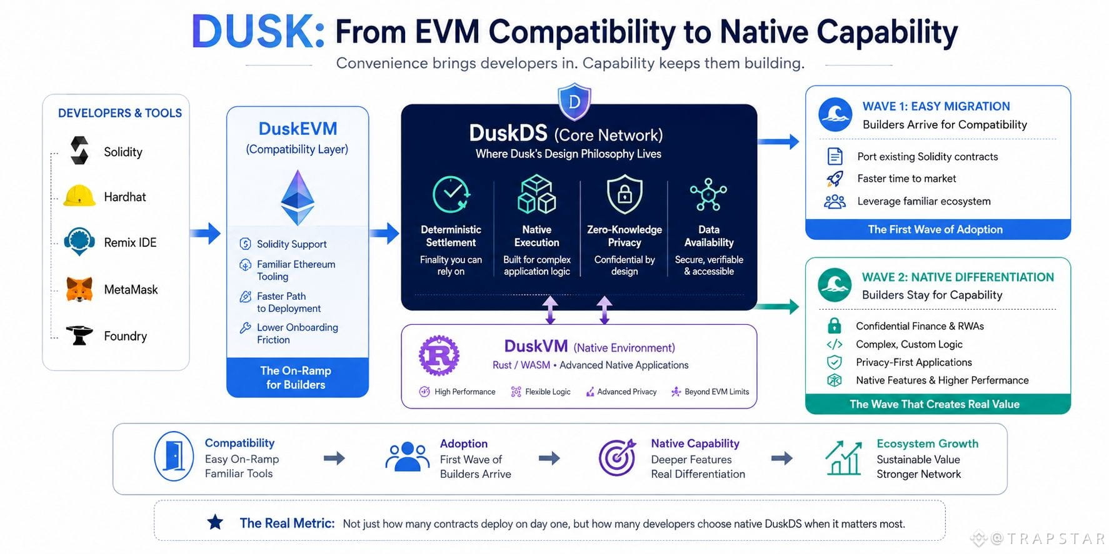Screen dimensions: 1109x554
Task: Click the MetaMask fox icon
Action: tap(79, 289)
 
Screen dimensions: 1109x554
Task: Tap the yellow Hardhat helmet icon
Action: tap(79, 196)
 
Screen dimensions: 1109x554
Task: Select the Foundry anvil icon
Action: tap(79, 335)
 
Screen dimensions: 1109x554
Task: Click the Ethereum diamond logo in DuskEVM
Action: tap(298, 197)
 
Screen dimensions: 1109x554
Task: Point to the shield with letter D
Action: tap(575, 101)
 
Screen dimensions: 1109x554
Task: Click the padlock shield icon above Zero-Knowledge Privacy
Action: tap(625, 194)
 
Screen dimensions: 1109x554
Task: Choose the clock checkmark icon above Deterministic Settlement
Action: tap(451, 194)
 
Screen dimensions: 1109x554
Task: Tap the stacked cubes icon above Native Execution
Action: tap(537, 194)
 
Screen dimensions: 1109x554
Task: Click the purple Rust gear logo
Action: tap(439, 355)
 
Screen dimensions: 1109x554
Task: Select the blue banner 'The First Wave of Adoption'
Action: tap(938, 229)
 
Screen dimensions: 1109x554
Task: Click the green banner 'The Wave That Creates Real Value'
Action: tap(938, 404)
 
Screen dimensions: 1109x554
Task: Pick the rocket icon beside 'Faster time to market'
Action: tap(835, 179)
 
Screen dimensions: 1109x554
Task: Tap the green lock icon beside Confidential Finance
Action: tap(834, 325)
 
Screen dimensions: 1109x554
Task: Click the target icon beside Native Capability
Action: tap(617, 458)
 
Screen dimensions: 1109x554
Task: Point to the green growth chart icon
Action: tap(844, 458)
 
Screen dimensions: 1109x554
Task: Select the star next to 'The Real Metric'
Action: tap(215, 522)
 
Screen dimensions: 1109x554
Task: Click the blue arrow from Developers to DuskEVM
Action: tap(205, 234)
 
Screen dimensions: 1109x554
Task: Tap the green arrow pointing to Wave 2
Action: tap(777, 306)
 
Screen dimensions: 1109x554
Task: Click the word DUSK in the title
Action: tap(258, 31)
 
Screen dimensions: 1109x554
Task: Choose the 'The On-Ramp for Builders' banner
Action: tap(297, 377)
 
